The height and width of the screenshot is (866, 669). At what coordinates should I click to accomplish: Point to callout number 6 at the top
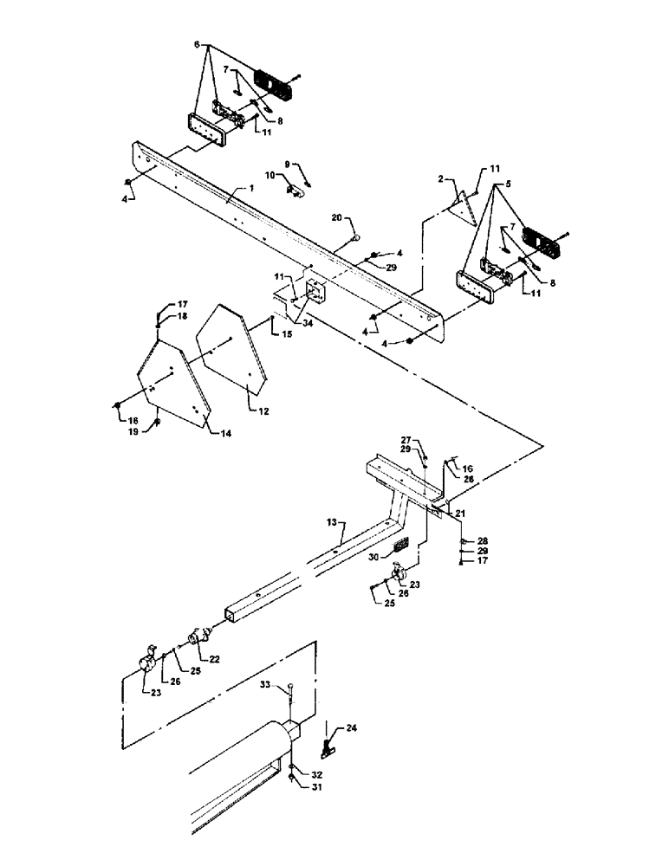pos(198,43)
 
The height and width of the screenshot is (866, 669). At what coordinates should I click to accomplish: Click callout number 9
pos(287,163)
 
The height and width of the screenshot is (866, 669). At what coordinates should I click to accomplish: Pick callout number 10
pos(269,175)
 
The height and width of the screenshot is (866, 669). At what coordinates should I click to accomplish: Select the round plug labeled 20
pos(356,239)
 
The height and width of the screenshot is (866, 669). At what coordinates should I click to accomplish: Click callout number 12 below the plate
pos(263,411)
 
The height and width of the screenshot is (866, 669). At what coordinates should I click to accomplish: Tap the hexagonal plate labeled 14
pos(169,381)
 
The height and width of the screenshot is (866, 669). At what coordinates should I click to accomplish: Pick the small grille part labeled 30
pos(401,546)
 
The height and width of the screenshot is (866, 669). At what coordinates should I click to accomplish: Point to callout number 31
pos(318,786)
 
